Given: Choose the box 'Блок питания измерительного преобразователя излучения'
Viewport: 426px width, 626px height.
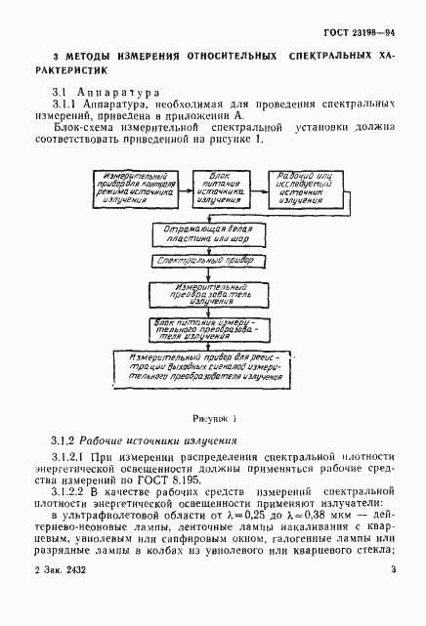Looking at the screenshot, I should [x=207, y=325].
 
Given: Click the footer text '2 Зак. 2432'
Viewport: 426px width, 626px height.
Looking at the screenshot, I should [x=61, y=597].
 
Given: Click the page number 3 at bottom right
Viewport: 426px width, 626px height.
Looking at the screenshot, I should [x=392, y=597].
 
